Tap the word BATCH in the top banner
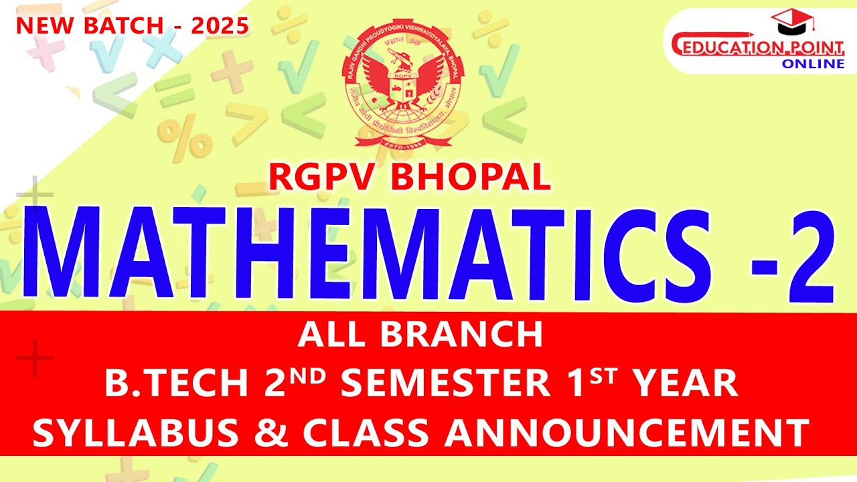point(116,25)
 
